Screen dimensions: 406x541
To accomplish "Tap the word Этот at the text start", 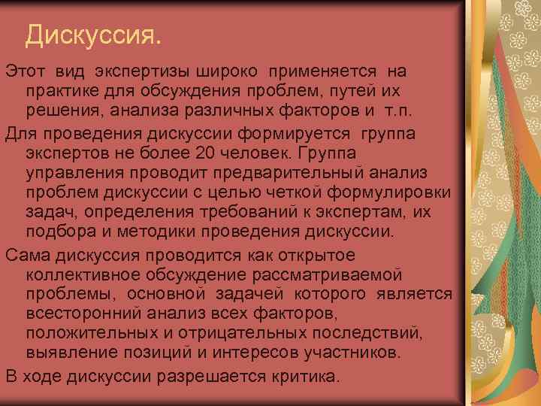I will pos(26,71).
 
